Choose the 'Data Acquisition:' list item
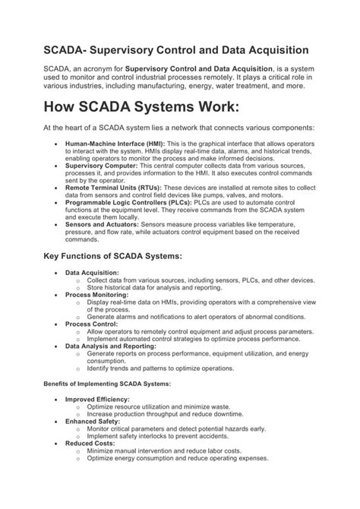pos(92,272)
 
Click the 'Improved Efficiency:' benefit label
pos(97,399)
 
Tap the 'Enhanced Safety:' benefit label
pos(92,420)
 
